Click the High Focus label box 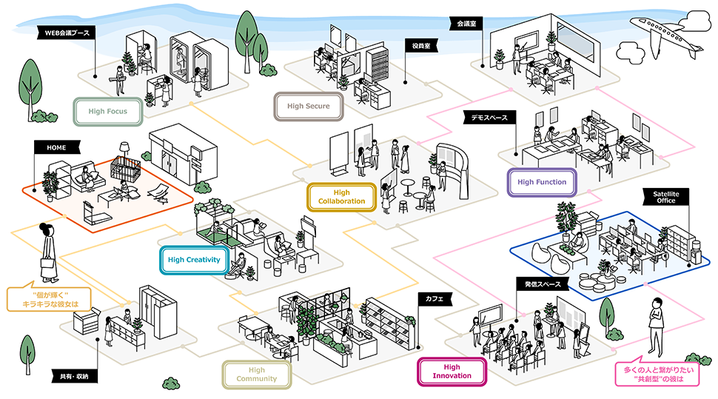coord(107,112)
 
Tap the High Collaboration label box coord(341,197)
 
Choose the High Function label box coord(542,182)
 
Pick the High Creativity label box coord(194,260)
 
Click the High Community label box coord(256,375)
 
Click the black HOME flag coord(56,148)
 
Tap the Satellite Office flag coord(665,196)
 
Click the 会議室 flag coord(466,24)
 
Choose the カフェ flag coord(435,298)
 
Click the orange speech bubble coord(50,299)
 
